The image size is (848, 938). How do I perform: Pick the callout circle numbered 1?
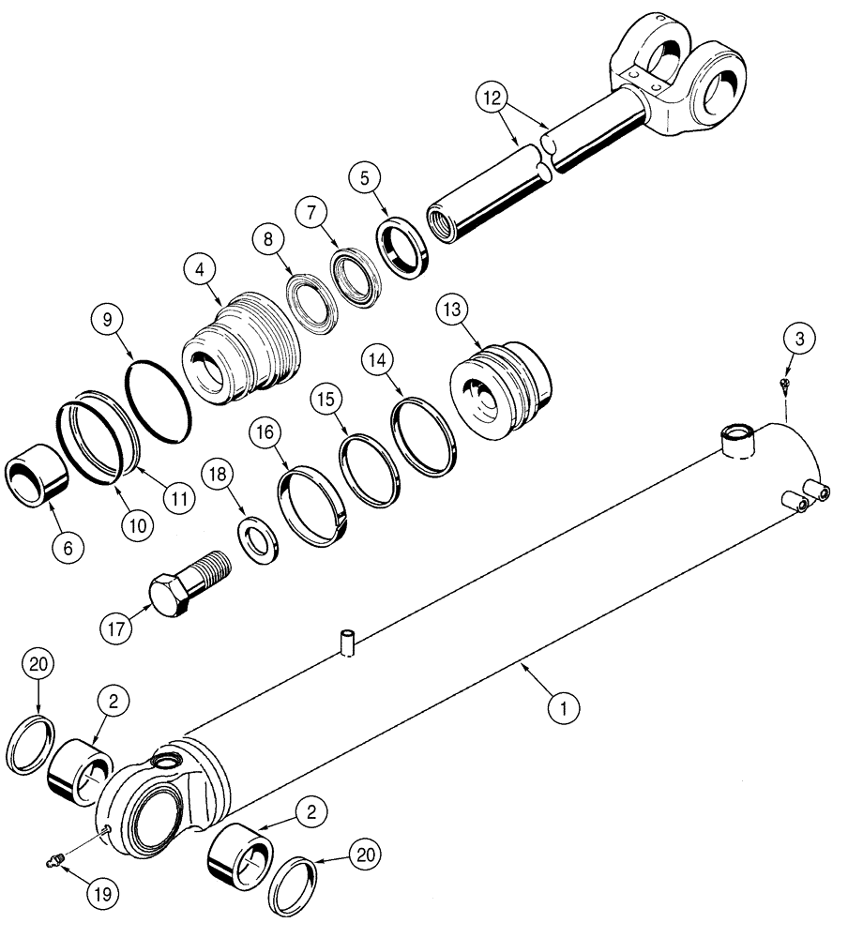tap(563, 708)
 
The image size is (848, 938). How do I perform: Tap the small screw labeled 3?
tap(784, 384)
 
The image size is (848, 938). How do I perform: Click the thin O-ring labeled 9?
tap(159, 398)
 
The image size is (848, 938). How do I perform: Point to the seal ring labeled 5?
tap(404, 246)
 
